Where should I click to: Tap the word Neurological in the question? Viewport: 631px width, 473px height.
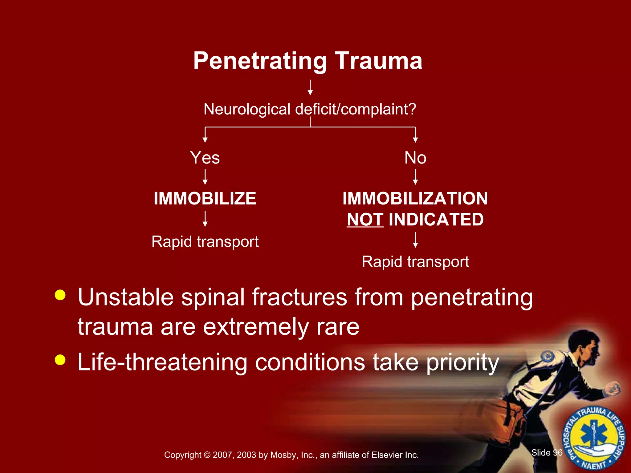pyautogui.click(x=247, y=109)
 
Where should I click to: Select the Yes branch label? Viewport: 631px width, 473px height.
pyautogui.click(x=205, y=158)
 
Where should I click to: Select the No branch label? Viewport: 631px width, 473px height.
pyautogui.click(x=415, y=158)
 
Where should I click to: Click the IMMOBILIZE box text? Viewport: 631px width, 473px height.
pyautogui.click(x=205, y=198)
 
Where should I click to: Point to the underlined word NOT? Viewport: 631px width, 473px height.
pyautogui.click(x=365, y=220)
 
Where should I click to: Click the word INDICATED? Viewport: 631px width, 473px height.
pyautogui.click(x=436, y=220)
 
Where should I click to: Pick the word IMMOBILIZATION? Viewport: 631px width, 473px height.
pyautogui.click(x=415, y=198)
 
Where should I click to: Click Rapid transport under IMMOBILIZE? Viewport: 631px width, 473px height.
pyautogui.click(x=205, y=241)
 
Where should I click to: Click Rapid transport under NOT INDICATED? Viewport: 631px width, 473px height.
pyautogui.click(x=415, y=262)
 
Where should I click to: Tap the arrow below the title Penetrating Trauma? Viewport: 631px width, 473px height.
pyautogui.click(x=310, y=87)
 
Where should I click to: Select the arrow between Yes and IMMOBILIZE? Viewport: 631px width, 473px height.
pyautogui.click(x=205, y=177)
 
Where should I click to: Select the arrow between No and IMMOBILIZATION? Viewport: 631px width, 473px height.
pyautogui.click(x=415, y=177)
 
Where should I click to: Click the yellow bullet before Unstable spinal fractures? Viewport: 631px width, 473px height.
pyautogui.click(x=60, y=295)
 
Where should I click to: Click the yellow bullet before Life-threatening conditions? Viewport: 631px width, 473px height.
pyautogui.click(x=60, y=359)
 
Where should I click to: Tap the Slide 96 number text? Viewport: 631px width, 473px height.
pyautogui.click(x=547, y=452)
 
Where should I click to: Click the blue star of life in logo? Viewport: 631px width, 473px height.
pyautogui.click(x=594, y=436)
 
